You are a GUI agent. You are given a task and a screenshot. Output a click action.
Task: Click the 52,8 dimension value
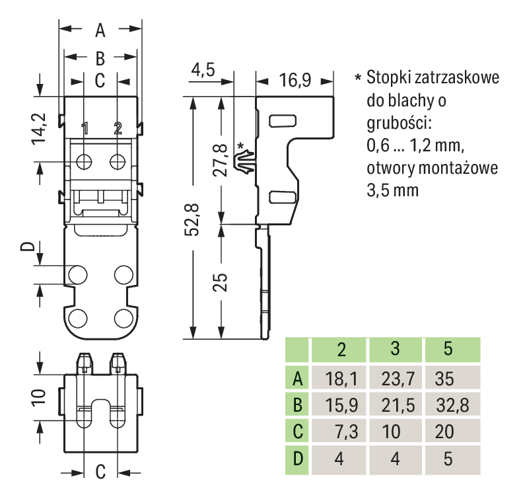(x=193, y=221)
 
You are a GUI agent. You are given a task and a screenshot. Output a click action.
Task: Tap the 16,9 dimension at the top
(x=294, y=81)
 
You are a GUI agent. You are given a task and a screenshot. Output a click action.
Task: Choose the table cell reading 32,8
(x=452, y=405)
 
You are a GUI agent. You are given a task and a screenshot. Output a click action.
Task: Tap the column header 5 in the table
(x=448, y=350)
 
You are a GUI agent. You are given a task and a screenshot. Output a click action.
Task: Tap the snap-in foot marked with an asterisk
(x=244, y=161)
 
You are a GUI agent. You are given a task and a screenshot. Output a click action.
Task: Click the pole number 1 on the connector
(x=85, y=128)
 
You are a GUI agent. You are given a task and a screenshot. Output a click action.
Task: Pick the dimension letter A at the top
(x=100, y=30)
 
